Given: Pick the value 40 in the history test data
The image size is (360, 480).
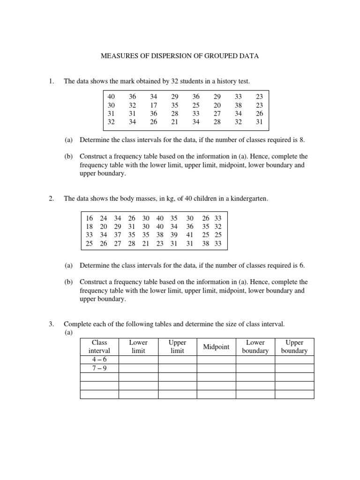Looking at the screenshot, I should [111, 97].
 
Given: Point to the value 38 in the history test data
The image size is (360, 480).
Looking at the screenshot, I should [239, 105].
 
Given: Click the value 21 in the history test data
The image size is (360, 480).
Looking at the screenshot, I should [175, 122].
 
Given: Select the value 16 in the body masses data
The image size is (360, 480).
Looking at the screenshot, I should [90, 218].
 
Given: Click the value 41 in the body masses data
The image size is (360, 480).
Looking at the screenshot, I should [190, 235].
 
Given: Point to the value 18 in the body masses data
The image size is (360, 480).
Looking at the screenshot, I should [90, 226].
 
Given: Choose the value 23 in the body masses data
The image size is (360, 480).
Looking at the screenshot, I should [160, 243].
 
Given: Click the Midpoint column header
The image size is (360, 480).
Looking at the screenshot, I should [216, 347].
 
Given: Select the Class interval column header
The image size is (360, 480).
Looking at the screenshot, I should [99, 347].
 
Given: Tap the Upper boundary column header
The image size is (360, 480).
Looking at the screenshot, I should [294, 347].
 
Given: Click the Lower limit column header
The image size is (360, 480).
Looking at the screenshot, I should [138, 347].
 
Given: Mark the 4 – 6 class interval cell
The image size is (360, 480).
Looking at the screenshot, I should [99, 360].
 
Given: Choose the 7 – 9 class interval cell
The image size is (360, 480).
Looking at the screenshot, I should [99, 368].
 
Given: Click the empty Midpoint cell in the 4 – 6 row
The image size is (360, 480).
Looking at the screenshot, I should [216, 360].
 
